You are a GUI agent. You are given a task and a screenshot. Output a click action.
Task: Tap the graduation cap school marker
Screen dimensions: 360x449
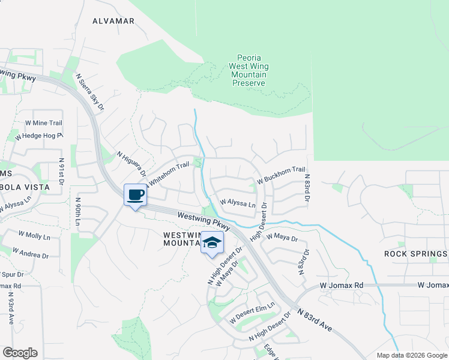point(211,243)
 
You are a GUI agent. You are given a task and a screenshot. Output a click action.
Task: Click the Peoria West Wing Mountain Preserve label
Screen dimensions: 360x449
point(249,71)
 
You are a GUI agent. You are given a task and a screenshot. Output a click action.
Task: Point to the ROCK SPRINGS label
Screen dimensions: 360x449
point(415,254)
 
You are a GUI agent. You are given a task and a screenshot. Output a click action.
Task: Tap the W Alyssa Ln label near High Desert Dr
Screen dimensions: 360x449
point(238,203)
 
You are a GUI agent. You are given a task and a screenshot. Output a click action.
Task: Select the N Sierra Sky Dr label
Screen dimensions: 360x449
point(89,92)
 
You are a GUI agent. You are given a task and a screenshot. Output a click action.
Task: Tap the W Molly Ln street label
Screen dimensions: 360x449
point(34,235)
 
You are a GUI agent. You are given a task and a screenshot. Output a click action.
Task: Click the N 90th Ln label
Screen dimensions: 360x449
point(78,212)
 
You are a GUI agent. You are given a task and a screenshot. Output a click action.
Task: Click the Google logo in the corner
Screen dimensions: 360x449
point(20,353)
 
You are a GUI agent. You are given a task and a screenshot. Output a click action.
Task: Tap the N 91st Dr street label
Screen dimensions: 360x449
point(61,173)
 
